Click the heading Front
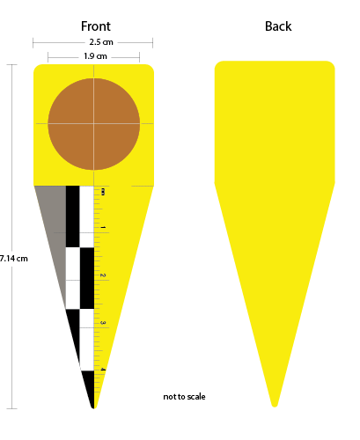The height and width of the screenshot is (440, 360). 96,26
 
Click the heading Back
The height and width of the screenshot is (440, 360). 278,26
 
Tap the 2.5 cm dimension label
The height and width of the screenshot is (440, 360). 101,42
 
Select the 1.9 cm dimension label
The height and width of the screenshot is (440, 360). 95,56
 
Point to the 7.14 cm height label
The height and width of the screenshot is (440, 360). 14,259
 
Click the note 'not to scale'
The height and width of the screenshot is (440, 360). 184,397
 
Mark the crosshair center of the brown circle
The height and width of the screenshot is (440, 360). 94,124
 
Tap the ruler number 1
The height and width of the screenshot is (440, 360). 103,227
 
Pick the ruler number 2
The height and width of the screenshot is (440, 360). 103,275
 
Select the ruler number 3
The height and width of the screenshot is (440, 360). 103,323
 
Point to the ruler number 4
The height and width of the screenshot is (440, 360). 103,370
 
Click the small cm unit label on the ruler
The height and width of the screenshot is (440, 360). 102,192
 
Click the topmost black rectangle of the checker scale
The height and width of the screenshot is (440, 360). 72,216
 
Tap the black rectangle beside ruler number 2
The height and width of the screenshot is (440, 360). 87,278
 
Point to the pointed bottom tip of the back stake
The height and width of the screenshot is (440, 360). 275,407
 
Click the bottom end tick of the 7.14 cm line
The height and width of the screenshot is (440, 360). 11,408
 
